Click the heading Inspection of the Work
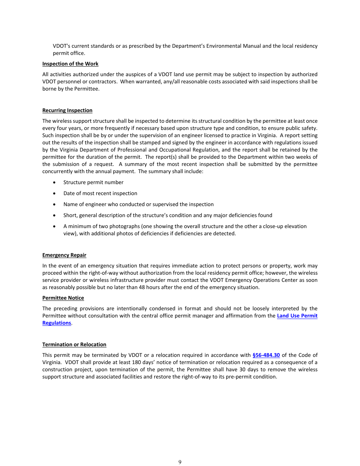coord(70,64)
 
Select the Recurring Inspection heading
coord(67,110)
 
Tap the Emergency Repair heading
coord(64,255)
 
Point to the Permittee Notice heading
coord(63,298)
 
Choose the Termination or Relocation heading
coord(74,344)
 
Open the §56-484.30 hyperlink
coord(266,355)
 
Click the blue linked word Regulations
coord(56,323)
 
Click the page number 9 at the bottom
coord(180,462)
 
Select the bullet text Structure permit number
coord(93,182)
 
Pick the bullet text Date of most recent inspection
coord(100,193)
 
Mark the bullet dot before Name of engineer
coord(55,204)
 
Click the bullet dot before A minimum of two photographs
coord(55,226)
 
